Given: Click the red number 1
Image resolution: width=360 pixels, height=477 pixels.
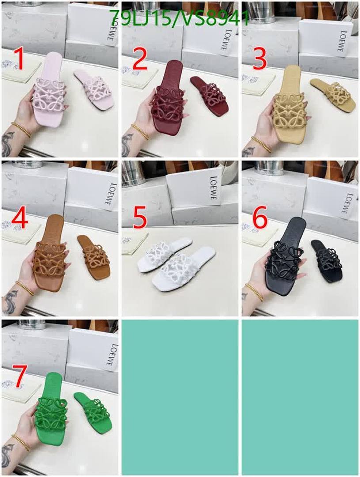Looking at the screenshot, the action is [20, 59].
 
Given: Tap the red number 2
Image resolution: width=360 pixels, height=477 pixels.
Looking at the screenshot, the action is [140, 59].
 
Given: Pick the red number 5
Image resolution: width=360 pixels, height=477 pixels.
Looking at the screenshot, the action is [140, 218].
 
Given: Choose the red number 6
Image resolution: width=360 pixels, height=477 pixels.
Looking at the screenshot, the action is [260, 218].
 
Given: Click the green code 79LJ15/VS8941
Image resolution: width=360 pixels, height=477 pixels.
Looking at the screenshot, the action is [179, 18].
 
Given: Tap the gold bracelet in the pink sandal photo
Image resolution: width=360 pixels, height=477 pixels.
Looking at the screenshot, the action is [21, 129].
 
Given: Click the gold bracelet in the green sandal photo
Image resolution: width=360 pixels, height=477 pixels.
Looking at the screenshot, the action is [21, 443].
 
